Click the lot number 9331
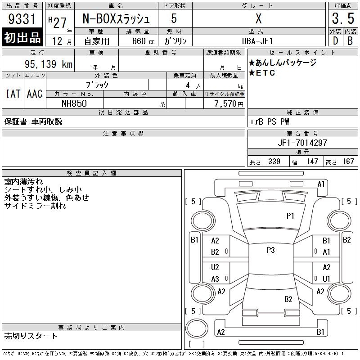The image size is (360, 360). pyautogui.click(x=22, y=19)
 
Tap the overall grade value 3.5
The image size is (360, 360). pyautogui.click(x=343, y=18)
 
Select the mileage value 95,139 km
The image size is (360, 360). pyautogui.click(x=49, y=64)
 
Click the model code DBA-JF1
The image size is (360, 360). pyautogui.click(x=257, y=41)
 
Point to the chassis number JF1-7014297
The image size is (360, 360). pyautogui.click(x=302, y=143)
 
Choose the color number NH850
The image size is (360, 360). pyautogui.click(x=74, y=103)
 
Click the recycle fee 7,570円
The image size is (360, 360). pyautogui.click(x=229, y=104)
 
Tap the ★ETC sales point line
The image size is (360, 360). pyautogui.click(x=262, y=73)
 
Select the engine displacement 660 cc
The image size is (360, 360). pyautogui.click(x=143, y=41)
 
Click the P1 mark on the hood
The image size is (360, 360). pyautogui.click(x=290, y=216)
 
